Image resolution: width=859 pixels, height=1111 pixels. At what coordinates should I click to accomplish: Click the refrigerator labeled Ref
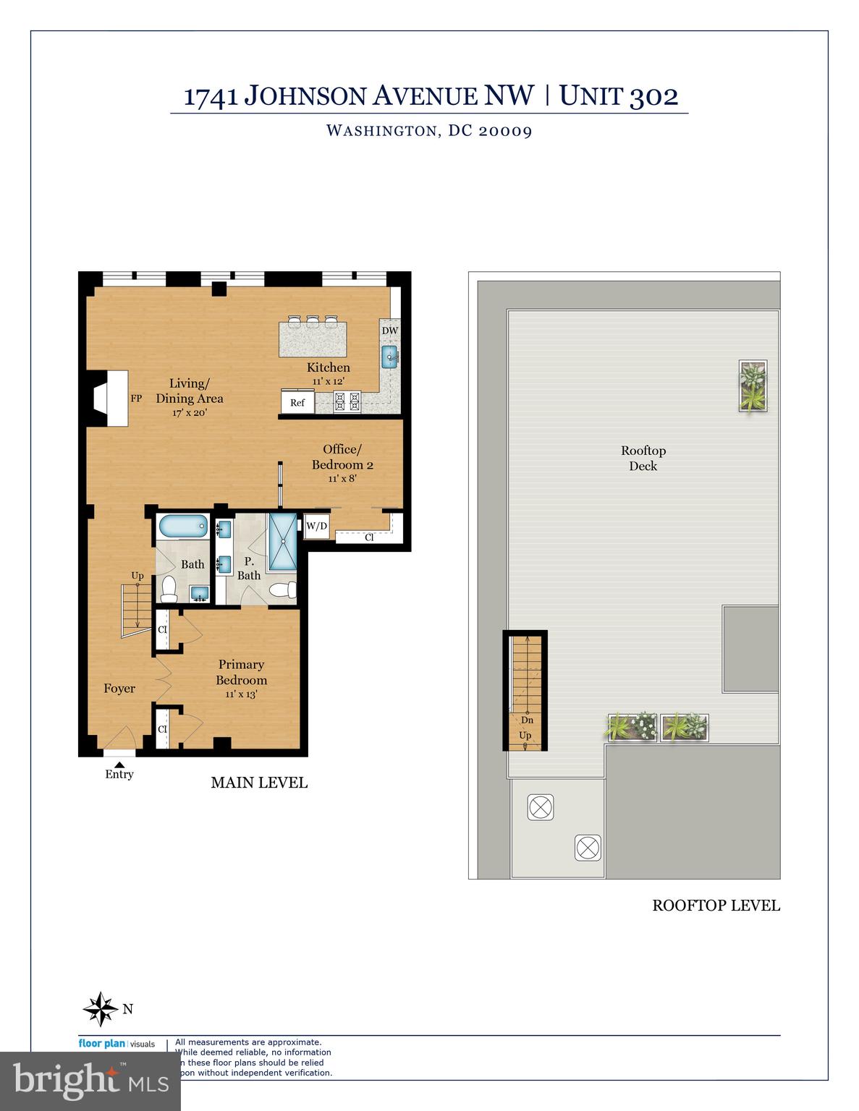tap(297, 402)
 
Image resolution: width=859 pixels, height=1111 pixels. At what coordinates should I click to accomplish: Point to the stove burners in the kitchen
tap(347, 401)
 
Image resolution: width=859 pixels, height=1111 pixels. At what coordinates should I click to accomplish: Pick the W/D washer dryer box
tap(316, 526)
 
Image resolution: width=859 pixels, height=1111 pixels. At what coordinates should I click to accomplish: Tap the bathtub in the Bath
tap(182, 526)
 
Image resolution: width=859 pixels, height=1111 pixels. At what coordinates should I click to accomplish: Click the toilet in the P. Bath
tap(282, 590)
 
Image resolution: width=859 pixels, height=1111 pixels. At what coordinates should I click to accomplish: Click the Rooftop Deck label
tap(643, 458)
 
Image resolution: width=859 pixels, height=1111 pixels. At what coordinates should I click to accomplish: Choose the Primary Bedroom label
tap(241, 672)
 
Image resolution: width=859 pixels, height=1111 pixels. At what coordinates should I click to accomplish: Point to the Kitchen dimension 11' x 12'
tap(328, 381)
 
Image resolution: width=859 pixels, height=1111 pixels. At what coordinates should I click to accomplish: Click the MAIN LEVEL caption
tap(259, 783)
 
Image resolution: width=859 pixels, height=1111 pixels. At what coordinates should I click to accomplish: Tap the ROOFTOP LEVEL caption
tap(716, 905)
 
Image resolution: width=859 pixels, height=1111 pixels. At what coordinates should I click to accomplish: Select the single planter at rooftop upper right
tap(753, 386)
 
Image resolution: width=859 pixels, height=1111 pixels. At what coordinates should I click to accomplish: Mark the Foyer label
tap(119, 689)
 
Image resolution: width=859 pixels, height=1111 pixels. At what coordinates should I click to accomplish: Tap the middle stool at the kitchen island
tap(312, 320)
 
